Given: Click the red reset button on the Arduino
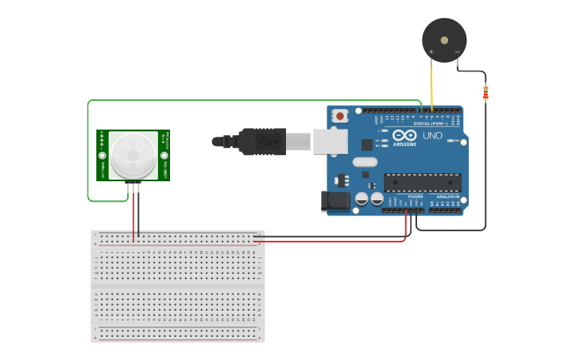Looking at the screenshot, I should pyautogui.click(x=340, y=116).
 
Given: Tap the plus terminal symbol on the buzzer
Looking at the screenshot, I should pyautogui.click(x=431, y=52).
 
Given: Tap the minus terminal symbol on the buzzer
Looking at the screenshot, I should pyautogui.click(x=458, y=52).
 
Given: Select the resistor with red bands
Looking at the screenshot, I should pyautogui.click(x=485, y=93).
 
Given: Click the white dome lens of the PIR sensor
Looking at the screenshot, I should pyautogui.click(x=133, y=155).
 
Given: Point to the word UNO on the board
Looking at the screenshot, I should pyautogui.click(x=432, y=136).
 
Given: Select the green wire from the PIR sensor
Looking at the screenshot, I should pyautogui.click(x=87, y=151).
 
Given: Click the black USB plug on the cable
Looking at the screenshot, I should pyautogui.click(x=262, y=141).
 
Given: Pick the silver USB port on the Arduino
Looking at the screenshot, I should pyautogui.click(x=330, y=141).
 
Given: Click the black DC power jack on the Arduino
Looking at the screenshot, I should pyautogui.click(x=334, y=201).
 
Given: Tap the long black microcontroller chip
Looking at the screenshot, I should pyautogui.click(x=421, y=182).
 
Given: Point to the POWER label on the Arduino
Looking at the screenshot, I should pyautogui.click(x=416, y=195).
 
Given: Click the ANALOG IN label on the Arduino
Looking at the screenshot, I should pyautogui.click(x=448, y=195).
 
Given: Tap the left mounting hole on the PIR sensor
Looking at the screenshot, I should pyautogui.click(x=102, y=155).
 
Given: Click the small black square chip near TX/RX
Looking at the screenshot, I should pyautogui.click(x=367, y=145).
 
